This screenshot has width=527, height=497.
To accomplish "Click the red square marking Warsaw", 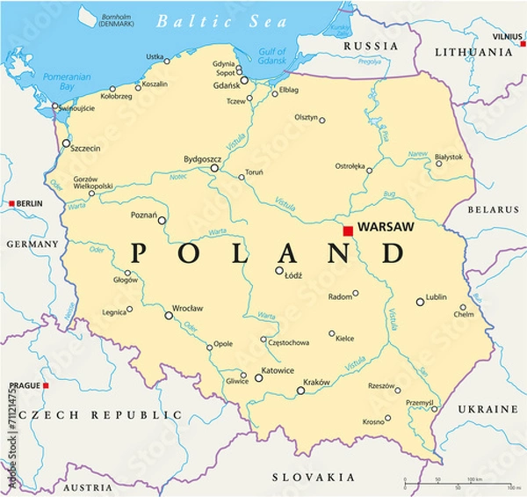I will tap(348, 230).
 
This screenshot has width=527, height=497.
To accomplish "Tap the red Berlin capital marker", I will tap(11, 203).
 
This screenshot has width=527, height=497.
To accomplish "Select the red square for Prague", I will tap(46, 385).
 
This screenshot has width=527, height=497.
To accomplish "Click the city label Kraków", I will tap(315, 382).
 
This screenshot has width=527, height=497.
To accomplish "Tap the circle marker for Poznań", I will tap(162, 221).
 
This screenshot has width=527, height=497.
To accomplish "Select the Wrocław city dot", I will tap(169, 315).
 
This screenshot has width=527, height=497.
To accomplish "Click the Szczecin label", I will tap(84, 149).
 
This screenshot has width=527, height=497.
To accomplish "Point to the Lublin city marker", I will tap(420, 302).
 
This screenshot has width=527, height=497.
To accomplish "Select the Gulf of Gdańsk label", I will tap(274, 57).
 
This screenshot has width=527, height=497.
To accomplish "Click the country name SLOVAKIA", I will tap(307, 477).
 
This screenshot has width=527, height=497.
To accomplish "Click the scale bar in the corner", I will tap(458, 485).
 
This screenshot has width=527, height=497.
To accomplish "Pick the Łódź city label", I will tap(294, 274).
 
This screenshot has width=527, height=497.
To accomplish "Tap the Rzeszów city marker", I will tap(397, 390).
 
